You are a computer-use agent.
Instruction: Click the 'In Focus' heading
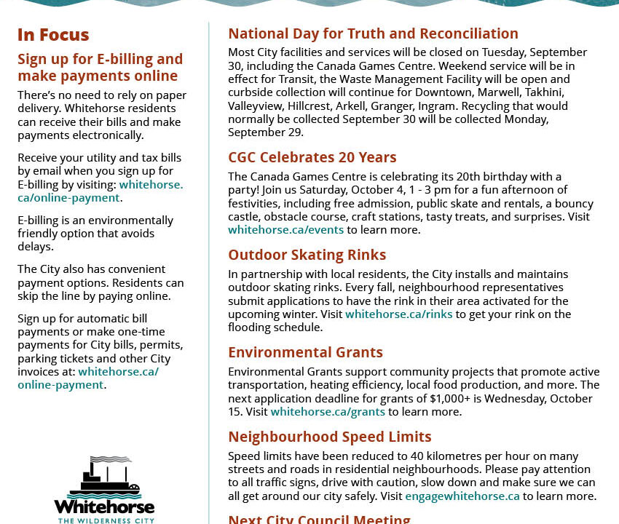53,35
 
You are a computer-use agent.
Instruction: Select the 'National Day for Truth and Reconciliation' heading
373,33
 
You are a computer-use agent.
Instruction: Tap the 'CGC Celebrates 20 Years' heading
312,157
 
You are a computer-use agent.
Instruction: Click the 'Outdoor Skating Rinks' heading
307,255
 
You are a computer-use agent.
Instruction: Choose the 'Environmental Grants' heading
305,352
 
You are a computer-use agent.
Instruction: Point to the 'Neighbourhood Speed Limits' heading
329,437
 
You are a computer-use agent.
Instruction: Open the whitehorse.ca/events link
285,230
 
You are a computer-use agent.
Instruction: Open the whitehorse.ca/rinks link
398,314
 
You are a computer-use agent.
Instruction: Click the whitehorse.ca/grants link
327,412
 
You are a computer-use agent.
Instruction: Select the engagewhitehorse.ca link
462,496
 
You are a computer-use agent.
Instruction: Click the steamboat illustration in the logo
104,477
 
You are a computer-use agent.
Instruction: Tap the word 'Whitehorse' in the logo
104,507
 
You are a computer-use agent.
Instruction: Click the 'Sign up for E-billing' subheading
100,67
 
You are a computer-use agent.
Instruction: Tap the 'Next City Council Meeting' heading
319,519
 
